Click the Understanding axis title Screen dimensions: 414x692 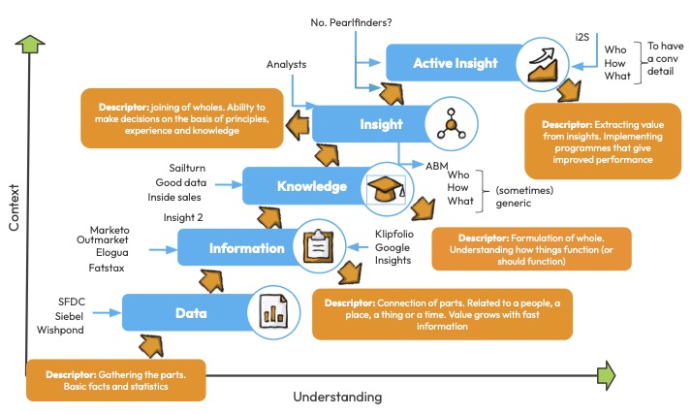pyautogui.click(x=337, y=397)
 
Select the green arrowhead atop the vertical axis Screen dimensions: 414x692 pyautogui.click(x=30, y=44)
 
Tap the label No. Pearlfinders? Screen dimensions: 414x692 pyautogui.click(x=351, y=21)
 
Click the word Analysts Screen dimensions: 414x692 pyautogui.click(x=287, y=65)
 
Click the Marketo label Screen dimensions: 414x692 pyautogui.click(x=110, y=230)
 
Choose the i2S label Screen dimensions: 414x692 pyautogui.click(x=582, y=36)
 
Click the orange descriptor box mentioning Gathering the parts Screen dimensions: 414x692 pyautogui.click(x=117, y=380)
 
